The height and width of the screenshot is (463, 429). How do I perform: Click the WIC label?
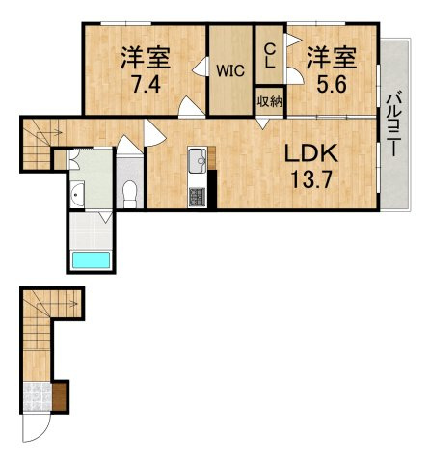coord(230,69)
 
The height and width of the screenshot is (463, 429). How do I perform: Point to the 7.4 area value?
coord(146,82)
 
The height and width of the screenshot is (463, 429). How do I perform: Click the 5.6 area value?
coord(326,82)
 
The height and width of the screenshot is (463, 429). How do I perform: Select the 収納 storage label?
coord(269,100)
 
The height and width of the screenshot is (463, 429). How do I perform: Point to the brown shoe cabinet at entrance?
coord(61,395)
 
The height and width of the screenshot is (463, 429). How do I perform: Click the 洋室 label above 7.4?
coord(146,57)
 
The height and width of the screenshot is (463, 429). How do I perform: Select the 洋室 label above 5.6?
coord(326,57)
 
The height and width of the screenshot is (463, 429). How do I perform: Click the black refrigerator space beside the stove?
coord(211,189)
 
